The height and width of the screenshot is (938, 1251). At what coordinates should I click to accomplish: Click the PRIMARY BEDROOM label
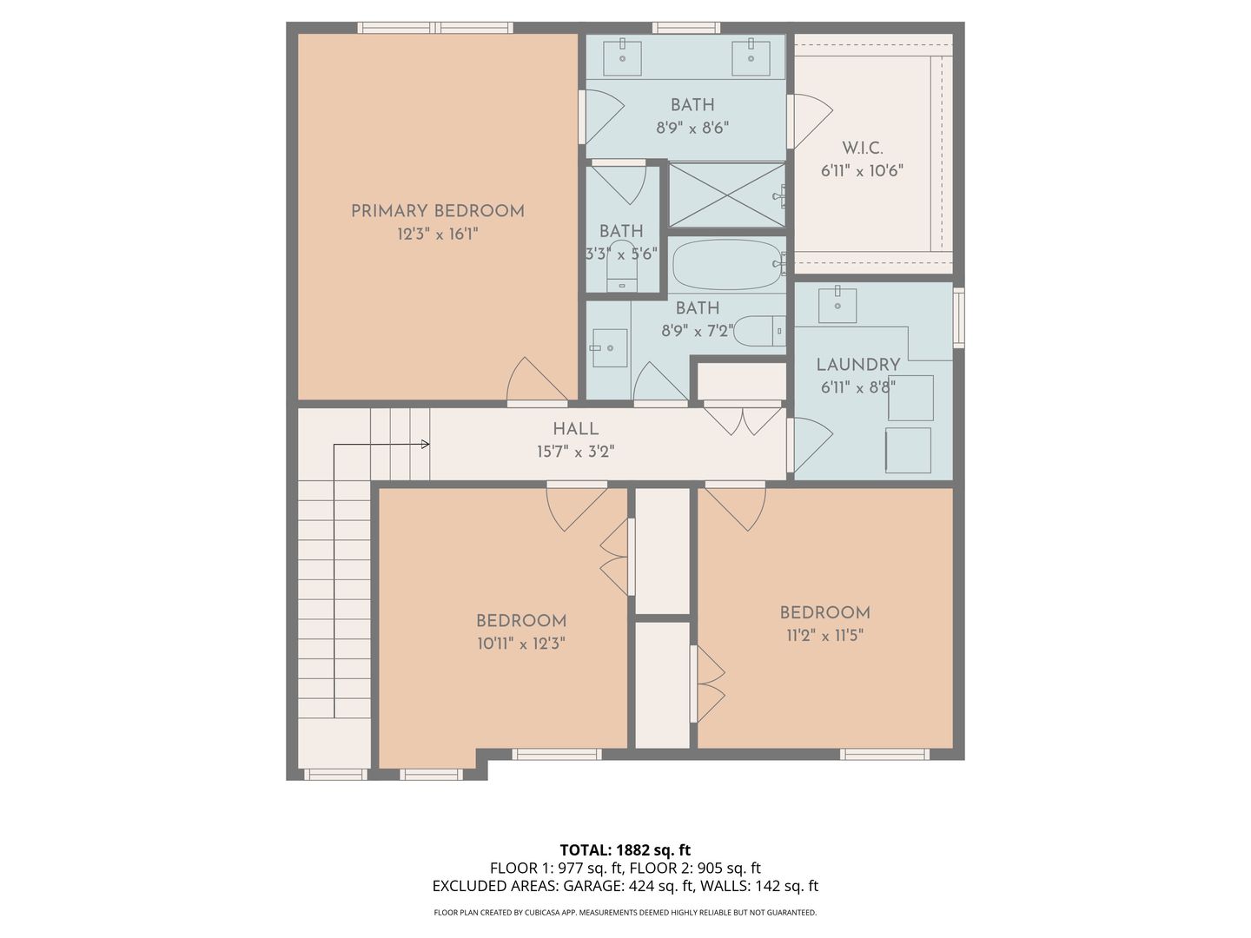click(437, 211)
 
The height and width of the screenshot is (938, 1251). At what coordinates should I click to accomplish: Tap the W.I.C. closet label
click(863, 149)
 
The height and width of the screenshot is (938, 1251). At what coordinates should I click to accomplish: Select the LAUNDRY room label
click(857, 365)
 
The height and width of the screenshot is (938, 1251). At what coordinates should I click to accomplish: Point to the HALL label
click(576, 429)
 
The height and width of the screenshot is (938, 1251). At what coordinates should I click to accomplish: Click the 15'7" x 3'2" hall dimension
click(576, 452)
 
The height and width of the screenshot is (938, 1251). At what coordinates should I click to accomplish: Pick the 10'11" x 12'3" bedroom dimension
click(521, 644)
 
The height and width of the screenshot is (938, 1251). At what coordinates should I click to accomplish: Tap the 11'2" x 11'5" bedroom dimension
click(824, 635)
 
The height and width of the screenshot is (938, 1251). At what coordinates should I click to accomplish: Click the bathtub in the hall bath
click(727, 264)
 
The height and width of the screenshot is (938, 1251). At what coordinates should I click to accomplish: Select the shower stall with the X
click(726, 195)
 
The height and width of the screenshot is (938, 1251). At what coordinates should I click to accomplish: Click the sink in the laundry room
click(837, 305)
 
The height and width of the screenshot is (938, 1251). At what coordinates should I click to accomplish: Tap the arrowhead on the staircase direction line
click(426, 444)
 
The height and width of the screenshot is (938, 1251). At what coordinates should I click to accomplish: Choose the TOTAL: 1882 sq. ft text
click(625, 850)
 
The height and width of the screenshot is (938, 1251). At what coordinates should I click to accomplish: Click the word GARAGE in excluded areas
click(593, 886)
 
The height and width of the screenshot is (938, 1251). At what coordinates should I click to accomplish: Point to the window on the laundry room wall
click(959, 318)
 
